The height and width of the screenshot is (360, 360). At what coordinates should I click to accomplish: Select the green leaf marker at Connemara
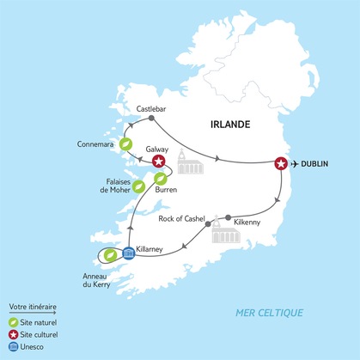click(125, 144)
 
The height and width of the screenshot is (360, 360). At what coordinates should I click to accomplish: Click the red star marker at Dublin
click(280, 163)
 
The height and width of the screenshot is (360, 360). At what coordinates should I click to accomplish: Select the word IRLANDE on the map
click(229, 125)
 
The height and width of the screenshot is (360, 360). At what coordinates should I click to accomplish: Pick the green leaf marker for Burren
click(160, 179)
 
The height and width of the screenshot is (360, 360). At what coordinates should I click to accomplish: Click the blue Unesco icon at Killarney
click(128, 252)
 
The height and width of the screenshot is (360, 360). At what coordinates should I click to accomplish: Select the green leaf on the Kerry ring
click(109, 254)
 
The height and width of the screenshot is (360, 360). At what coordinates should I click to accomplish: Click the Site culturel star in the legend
click(13, 334)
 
